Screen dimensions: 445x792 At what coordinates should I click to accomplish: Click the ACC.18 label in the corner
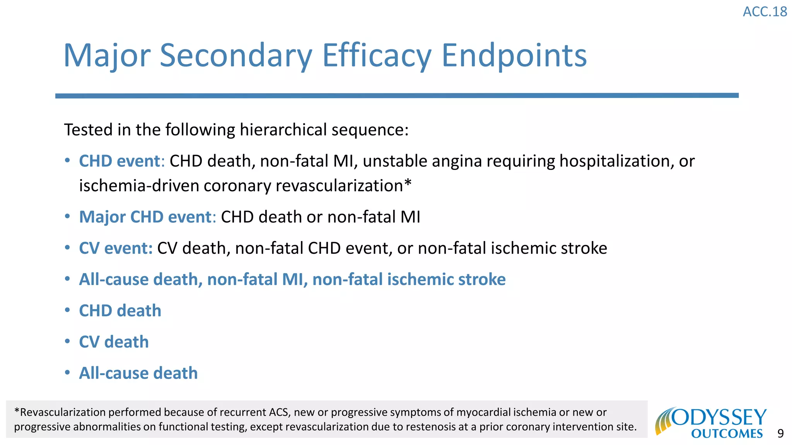coord(765,12)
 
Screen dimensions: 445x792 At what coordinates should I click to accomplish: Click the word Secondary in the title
coord(236,56)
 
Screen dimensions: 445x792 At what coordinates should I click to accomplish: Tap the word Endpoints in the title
coord(514,56)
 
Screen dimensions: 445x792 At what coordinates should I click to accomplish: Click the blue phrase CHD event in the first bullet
coord(119,161)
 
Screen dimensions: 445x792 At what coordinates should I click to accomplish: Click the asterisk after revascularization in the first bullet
coord(408,184)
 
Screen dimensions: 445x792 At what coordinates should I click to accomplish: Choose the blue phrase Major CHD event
coord(145,217)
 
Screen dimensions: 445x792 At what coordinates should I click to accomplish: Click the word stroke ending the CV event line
coord(584,248)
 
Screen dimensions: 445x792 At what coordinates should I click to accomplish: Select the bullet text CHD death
coord(120,311)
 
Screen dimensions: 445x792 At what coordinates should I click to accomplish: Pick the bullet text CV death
coord(114,342)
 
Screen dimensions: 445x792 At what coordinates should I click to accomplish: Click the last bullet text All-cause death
coord(138,374)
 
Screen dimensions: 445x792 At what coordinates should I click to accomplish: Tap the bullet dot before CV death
coord(67,341)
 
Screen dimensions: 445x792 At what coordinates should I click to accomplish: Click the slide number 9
coord(780,434)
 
